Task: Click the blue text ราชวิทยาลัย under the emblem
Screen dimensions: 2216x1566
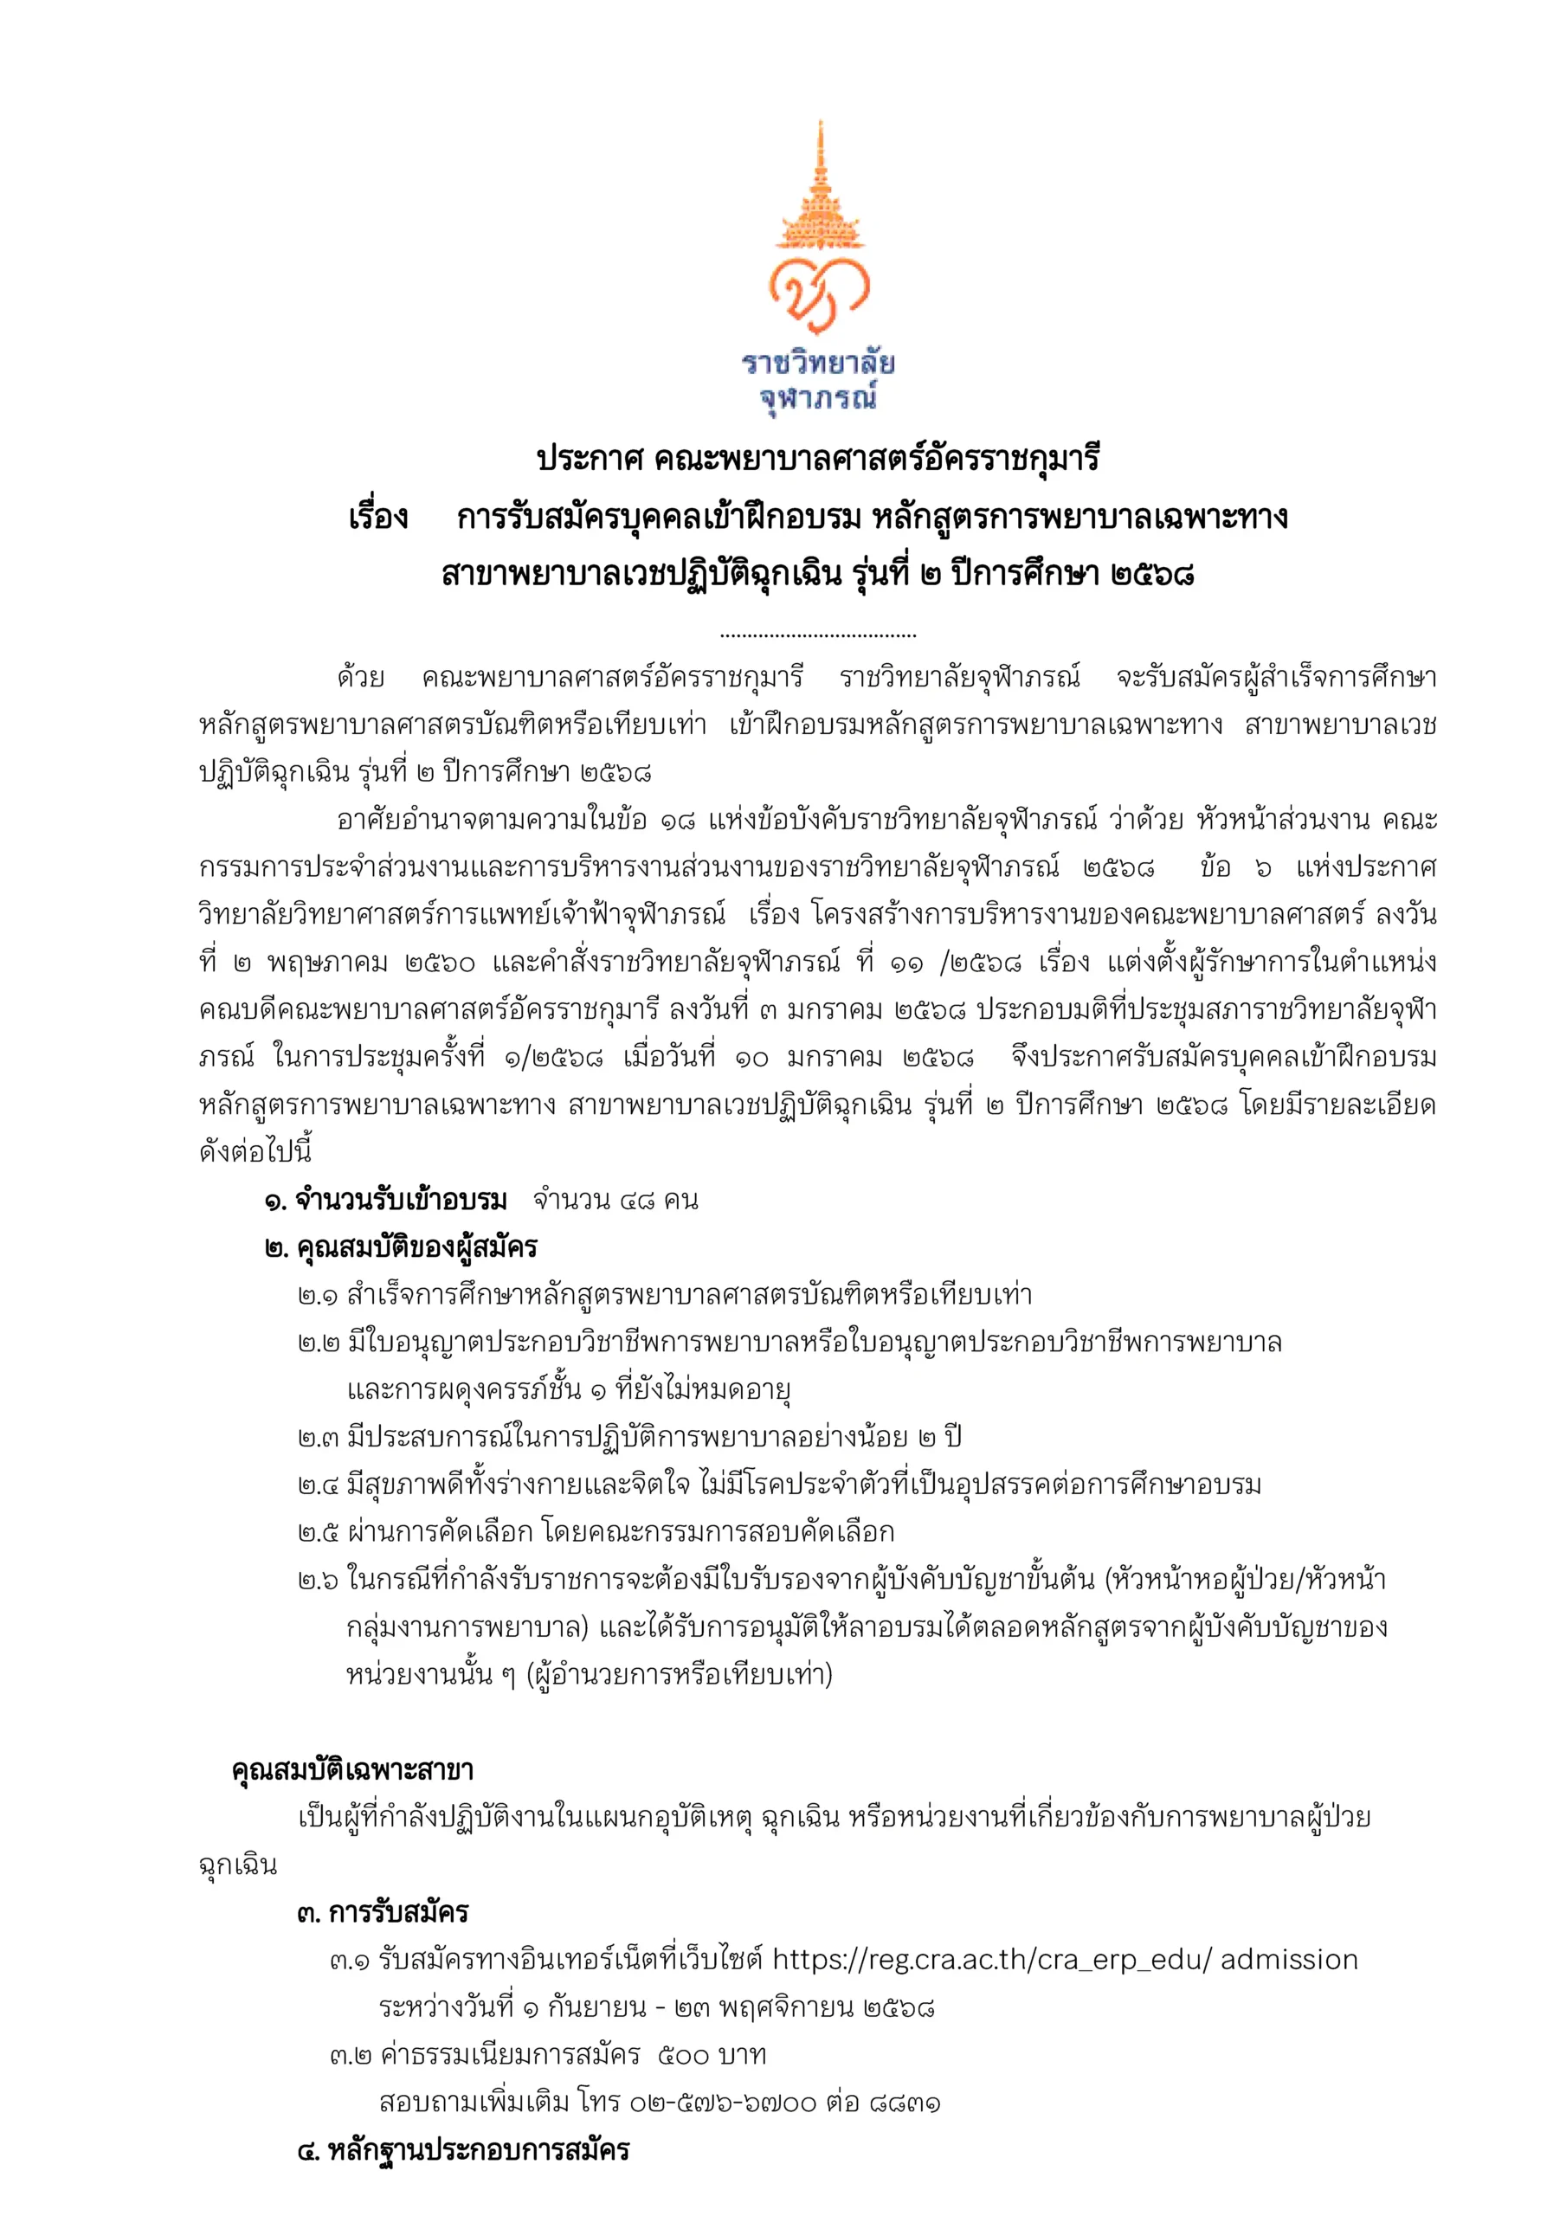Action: coord(818,363)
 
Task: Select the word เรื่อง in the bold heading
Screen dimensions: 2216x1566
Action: coord(378,518)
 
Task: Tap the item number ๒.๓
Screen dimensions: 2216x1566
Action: coord(318,1438)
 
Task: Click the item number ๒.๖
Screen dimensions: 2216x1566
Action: coord(318,1580)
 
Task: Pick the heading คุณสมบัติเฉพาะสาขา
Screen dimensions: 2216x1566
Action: coord(352,1770)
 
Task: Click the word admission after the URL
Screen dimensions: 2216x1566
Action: coord(1289,1961)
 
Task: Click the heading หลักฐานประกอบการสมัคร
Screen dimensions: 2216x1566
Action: coord(479,2150)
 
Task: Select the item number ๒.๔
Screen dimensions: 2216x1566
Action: coord(318,1485)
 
